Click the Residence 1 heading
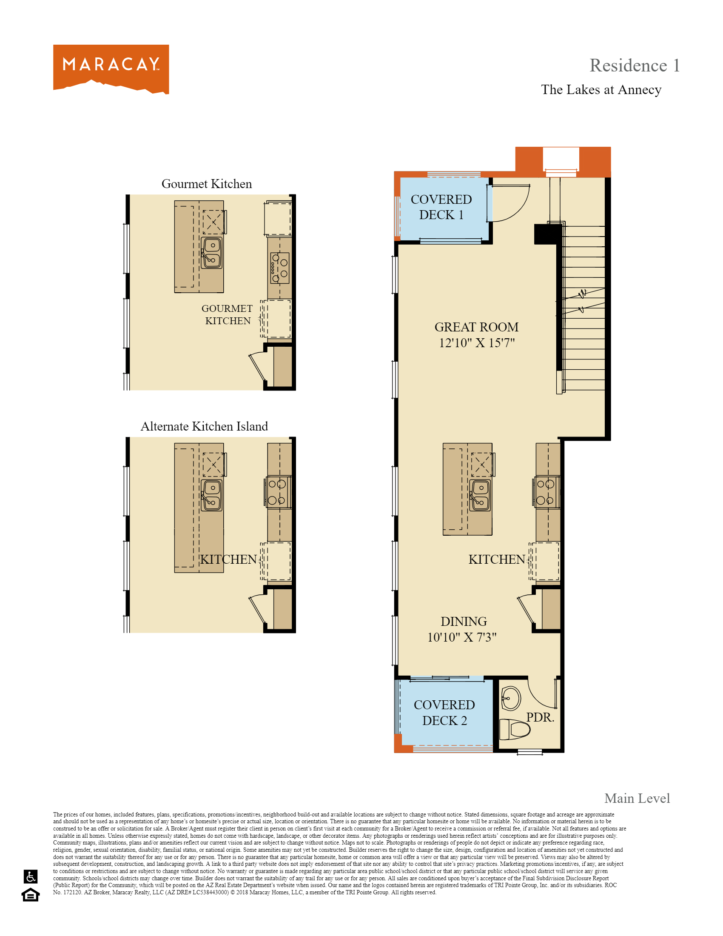pos(634,66)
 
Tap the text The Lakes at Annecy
pos(601,90)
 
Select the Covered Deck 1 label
pos(441,207)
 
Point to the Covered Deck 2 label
pos(444,712)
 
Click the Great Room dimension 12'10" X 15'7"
pos(476,343)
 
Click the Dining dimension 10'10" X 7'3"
pos(462,637)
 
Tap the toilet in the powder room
pos(515,729)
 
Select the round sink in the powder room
pos(510,698)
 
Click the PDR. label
pos(540,717)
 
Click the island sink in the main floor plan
pos(480,495)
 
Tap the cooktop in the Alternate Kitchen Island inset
pos(278,492)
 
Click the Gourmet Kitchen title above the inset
pos(206,184)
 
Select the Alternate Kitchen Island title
pos(204,426)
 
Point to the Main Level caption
pos(637,798)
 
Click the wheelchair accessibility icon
pos(31,876)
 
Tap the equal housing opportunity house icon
pos(31,895)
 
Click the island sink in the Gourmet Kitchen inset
pos(212,253)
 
